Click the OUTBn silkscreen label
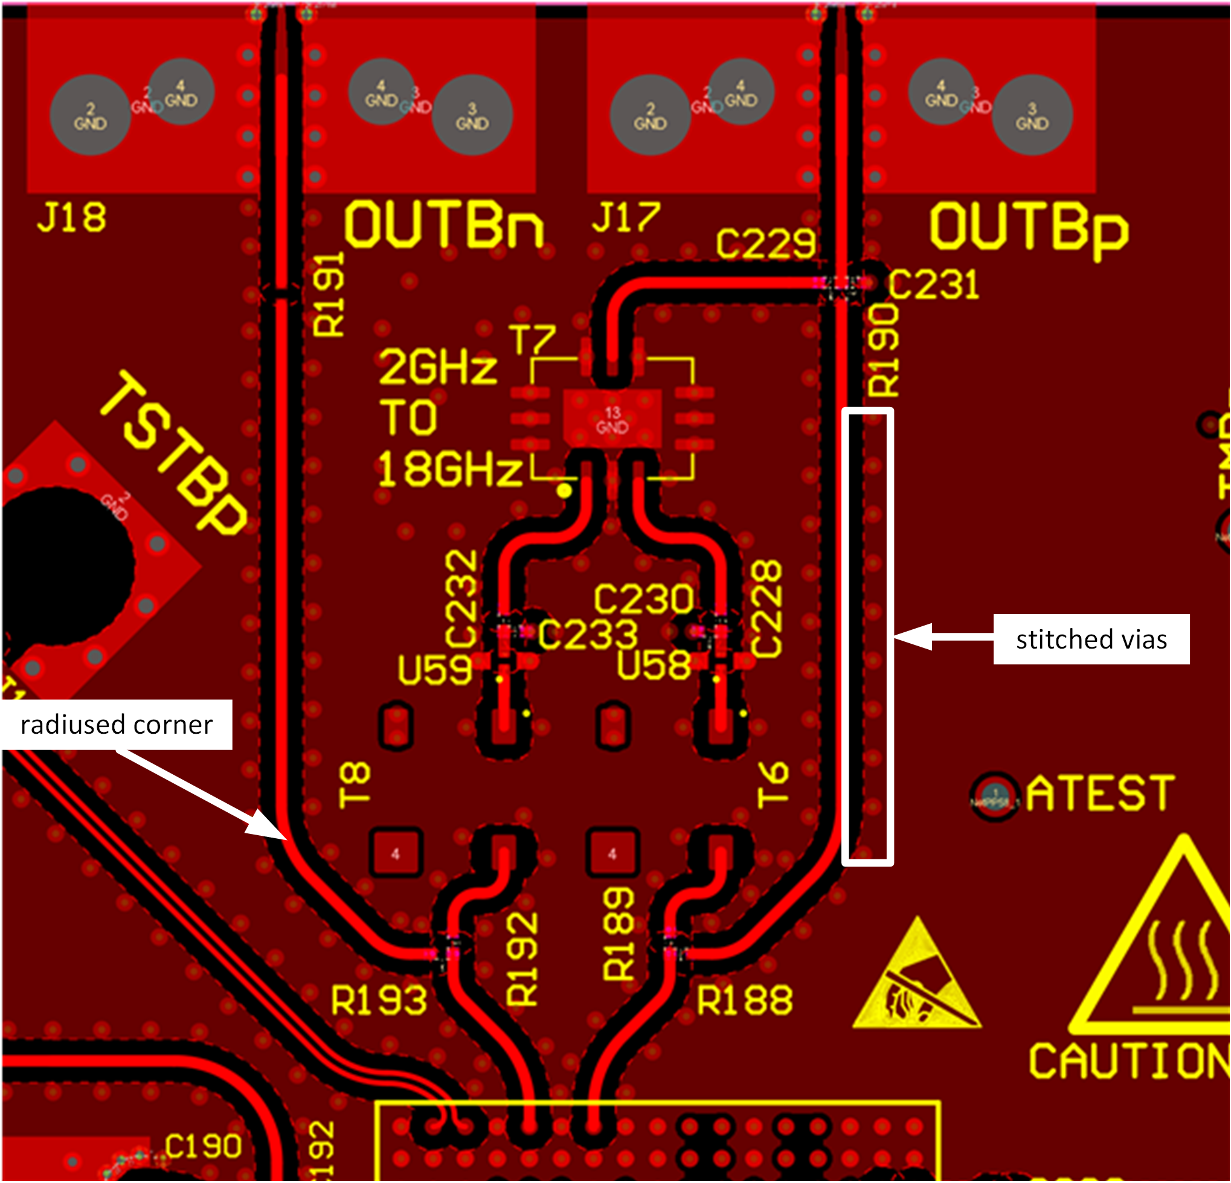tap(443, 225)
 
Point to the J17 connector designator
tap(626, 218)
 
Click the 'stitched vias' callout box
tap(1091, 640)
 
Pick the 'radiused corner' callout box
tap(116, 725)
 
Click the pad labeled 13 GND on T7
tap(612, 420)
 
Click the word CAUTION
tap(1128, 1062)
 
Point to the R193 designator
tap(379, 1000)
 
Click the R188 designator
tap(744, 1000)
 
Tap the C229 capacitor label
tap(766, 243)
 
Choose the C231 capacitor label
tap(934, 284)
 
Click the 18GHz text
tap(449, 470)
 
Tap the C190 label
tap(203, 1146)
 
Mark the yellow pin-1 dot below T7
tap(565, 490)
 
